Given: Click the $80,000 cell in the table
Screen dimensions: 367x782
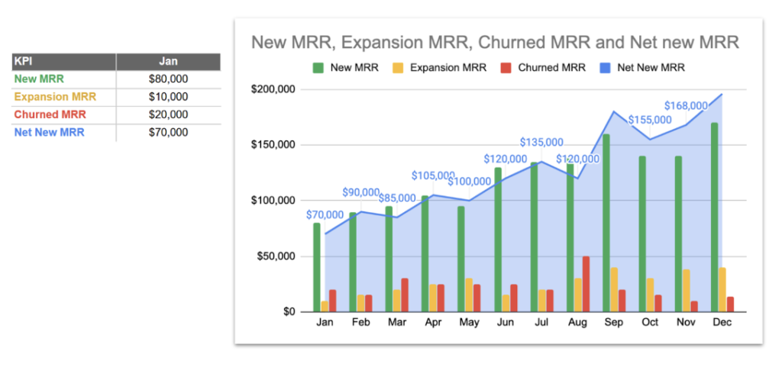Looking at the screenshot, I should (168, 79).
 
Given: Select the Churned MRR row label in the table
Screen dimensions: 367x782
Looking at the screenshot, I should (50, 114).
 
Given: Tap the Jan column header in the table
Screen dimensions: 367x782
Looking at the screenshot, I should (168, 62).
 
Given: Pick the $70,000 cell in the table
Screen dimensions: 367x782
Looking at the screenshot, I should (168, 133).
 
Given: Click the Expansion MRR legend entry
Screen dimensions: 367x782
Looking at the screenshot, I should (441, 67).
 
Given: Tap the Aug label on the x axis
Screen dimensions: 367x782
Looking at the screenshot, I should (577, 323).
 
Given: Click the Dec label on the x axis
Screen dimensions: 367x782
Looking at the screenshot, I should (722, 323).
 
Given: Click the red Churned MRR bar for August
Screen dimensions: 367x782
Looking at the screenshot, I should (586, 284).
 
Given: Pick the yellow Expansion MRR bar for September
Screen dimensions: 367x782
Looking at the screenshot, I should (614, 289).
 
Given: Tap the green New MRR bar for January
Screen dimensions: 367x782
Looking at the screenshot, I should (317, 267).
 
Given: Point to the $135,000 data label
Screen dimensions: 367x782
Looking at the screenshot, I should (541, 142).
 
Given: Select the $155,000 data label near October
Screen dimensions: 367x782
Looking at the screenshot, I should (650, 120).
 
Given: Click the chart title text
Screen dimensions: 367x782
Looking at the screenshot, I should (495, 43).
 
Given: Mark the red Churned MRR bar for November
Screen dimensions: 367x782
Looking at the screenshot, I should (693, 306).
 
